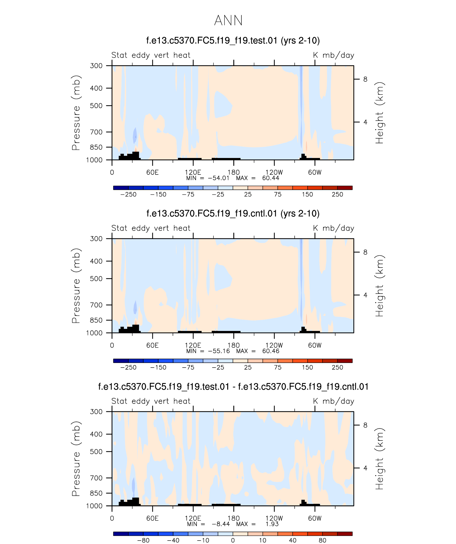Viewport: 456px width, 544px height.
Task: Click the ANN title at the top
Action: [228, 21]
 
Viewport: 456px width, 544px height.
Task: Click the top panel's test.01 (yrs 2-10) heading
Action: [233, 41]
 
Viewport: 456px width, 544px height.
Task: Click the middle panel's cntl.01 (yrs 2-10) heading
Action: [233, 214]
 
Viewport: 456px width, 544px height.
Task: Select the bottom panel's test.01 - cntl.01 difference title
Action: [233, 387]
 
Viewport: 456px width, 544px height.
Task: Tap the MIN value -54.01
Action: [219, 178]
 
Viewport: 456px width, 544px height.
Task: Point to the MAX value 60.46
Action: [271, 351]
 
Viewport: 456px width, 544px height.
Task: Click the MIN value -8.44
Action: [221, 524]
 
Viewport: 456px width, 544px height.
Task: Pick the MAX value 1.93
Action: [272, 524]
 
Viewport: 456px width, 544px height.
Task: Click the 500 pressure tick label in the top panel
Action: [96, 106]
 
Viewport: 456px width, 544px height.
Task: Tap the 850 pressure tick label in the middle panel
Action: [96, 320]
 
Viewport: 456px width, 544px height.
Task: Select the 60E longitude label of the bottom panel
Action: [152, 518]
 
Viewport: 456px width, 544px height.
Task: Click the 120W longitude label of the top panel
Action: [274, 172]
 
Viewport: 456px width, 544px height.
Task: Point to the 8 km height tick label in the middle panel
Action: [365, 252]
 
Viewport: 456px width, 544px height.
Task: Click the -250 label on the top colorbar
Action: [128, 194]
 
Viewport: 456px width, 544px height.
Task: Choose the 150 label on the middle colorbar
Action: [307, 367]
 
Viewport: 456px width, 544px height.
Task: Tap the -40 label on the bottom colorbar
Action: [173, 540]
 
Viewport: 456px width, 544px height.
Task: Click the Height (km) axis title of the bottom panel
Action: [379, 459]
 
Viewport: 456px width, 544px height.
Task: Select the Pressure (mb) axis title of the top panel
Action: [76, 113]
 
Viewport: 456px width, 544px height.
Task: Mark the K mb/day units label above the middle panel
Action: [333, 228]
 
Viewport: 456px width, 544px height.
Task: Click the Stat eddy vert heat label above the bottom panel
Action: [151, 401]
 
